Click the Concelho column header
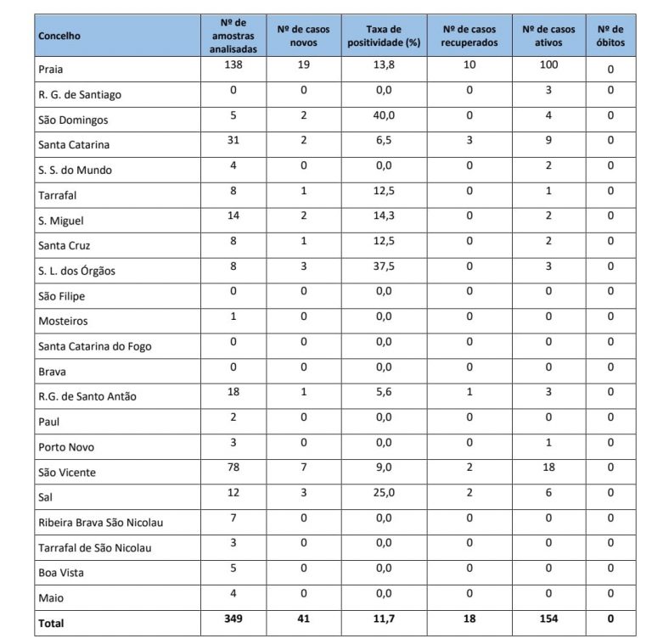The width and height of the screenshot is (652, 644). (59, 36)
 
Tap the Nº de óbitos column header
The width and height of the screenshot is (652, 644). (610, 36)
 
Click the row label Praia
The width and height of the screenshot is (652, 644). (51, 70)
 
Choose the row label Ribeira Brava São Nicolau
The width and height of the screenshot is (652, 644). (101, 523)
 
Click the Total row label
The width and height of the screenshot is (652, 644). (51, 623)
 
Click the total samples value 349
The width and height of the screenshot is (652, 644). (233, 619)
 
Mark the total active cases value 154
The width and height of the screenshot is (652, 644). (548, 619)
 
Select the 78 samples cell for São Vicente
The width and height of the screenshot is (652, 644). (233, 468)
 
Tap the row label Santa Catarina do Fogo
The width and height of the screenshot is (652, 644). (95, 346)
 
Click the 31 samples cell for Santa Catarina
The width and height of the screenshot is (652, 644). (233, 141)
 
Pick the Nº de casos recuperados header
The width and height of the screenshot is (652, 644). (469, 36)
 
